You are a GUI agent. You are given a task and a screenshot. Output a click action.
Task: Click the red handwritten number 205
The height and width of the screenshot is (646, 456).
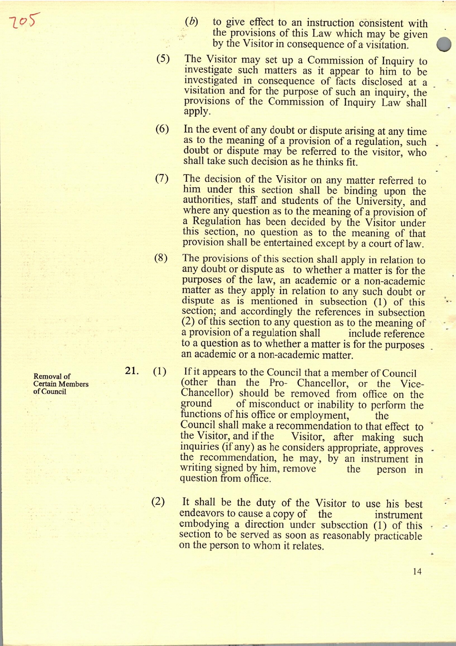25,21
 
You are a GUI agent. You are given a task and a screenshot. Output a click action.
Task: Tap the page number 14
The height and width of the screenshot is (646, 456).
417,571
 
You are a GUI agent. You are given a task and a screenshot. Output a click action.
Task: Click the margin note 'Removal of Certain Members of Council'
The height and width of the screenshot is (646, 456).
61,384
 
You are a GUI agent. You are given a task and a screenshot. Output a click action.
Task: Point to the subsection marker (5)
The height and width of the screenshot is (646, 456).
163,58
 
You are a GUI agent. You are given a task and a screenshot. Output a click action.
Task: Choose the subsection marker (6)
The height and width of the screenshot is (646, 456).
162,129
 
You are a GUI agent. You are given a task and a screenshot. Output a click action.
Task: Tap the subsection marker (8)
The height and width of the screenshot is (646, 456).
161,258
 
